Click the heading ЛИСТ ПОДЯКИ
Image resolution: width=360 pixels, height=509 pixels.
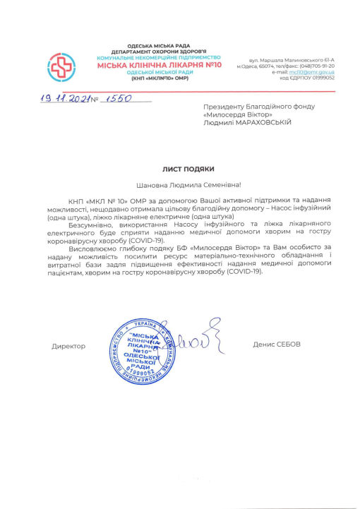[x=184, y=169]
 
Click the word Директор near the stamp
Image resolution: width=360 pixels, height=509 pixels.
[x=68, y=346]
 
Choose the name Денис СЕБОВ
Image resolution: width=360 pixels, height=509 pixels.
[x=277, y=344]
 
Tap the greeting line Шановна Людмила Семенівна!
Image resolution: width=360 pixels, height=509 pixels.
[x=184, y=186]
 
